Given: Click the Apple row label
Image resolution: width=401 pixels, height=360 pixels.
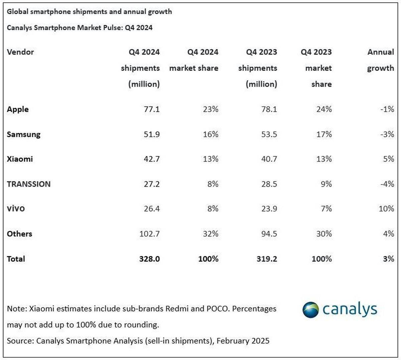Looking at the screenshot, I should pyautogui.click(x=18, y=109).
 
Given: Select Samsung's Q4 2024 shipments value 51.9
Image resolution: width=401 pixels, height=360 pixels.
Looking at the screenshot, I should pyautogui.click(x=152, y=134).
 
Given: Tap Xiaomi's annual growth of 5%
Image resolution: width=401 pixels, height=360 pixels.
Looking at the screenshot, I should pyautogui.click(x=388, y=159).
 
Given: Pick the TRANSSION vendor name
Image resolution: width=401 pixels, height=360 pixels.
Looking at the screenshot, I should pyautogui.click(x=29, y=184).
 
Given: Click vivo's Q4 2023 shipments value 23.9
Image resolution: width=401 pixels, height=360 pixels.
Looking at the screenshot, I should pyautogui.click(x=269, y=209).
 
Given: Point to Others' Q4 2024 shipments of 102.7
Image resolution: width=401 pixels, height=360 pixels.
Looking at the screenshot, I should pyautogui.click(x=149, y=234).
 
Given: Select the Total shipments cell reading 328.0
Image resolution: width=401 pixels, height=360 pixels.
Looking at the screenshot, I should pyautogui.click(x=149, y=259).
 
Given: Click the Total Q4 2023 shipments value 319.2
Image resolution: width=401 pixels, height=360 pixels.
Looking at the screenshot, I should pyautogui.click(x=267, y=259).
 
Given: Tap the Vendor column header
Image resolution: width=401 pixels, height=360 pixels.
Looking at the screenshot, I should pyautogui.click(x=20, y=52).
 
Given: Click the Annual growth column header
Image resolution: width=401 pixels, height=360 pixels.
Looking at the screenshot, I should pyautogui.click(x=380, y=60).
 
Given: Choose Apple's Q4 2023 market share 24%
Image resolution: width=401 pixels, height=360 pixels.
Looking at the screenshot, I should pyautogui.click(x=324, y=109).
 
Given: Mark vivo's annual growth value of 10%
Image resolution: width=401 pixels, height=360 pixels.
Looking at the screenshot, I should pyautogui.click(x=386, y=209).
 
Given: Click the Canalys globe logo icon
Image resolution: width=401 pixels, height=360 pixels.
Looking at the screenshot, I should pyautogui.click(x=310, y=310).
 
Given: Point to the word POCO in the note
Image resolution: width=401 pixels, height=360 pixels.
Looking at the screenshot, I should pyautogui.click(x=219, y=308).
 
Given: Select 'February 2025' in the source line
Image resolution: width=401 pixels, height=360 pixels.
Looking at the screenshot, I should pyautogui.click(x=243, y=341).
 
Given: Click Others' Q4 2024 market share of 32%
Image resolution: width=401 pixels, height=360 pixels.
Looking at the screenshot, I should pyautogui.click(x=211, y=234).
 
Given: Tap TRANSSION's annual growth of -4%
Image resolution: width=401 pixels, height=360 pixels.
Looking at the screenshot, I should pyautogui.click(x=387, y=184).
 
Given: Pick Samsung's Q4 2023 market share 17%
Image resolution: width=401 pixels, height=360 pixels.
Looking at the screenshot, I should pyautogui.click(x=324, y=134).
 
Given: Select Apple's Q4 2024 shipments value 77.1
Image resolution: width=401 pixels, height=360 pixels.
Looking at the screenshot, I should pyautogui.click(x=152, y=109).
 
